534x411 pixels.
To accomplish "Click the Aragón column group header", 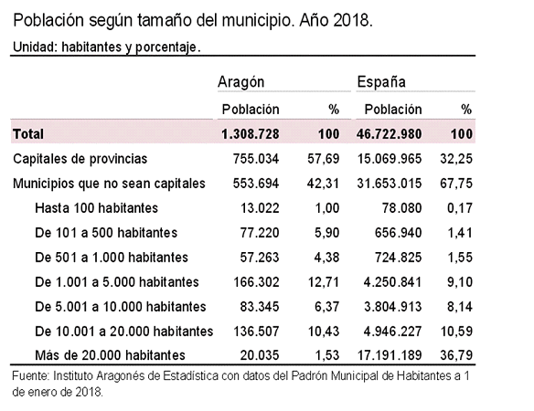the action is point(240,82).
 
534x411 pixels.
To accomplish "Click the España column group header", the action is point(381,82).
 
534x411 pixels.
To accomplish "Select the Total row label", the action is point(28,133).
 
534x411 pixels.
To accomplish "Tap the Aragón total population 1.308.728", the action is point(251,133).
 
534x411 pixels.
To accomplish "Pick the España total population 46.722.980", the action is point(390,133).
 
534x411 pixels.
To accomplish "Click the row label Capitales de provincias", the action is point(80,159).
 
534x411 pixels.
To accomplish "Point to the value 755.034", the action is point(256,159).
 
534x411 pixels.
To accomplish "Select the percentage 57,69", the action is point(324,159).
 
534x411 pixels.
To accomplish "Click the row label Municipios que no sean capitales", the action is point(109,184).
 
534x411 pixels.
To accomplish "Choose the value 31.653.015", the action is point(390,184).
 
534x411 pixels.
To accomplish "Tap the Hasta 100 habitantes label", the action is point(96,208).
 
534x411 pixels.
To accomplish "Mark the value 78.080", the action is point(401,208).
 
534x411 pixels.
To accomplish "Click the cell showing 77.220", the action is point(260,233).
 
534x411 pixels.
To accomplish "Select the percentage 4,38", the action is point(326,258).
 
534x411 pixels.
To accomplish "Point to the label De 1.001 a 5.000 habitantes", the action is point(117,282).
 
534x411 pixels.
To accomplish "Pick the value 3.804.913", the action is point(392,307).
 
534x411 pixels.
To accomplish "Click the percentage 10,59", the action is point(456,332).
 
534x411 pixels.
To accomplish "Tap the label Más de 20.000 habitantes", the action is point(110,355).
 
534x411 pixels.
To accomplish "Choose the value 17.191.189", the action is point(390,355).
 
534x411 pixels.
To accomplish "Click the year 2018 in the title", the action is point(351,20).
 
